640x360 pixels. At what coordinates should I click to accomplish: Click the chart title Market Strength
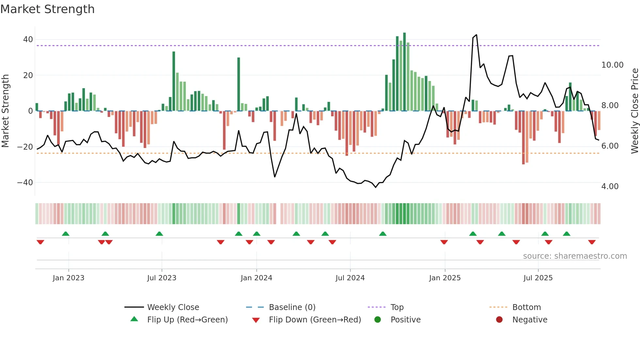[47, 9]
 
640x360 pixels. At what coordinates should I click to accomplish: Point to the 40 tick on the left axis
[28, 40]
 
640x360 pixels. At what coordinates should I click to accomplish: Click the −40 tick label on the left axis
[25, 182]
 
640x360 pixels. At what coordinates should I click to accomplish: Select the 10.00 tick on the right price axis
[612, 65]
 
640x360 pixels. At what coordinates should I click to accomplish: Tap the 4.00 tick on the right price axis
[610, 187]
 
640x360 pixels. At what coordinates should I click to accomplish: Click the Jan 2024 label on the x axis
[256, 278]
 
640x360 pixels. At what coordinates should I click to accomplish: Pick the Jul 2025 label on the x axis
[538, 278]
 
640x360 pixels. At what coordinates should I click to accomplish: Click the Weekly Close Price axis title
[634, 111]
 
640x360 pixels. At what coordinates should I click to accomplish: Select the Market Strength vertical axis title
[5, 111]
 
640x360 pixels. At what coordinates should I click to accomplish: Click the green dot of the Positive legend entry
[378, 320]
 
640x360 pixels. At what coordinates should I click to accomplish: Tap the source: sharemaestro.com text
[575, 256]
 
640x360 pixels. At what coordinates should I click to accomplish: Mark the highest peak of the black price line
[476, 35]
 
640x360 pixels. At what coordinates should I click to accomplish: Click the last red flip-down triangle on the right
[592, 242]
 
